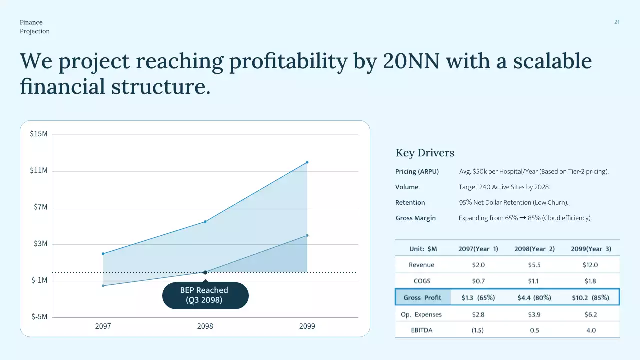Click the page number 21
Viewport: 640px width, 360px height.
click(x=617, y=22)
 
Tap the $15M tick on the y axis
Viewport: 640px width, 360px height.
click(x=39, y=134)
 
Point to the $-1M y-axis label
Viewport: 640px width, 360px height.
click(x=39, y=280)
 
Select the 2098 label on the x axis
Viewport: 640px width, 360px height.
click(x=205, y=326)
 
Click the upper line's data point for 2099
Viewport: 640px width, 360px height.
click(x=307, y=162)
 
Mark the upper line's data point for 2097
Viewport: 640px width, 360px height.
click(x=103, y=254)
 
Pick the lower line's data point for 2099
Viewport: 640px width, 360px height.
click(x=307, y=235)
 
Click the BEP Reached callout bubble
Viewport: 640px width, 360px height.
click(x=205, y=295)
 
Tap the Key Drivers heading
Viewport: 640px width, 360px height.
click(x=425, y=153)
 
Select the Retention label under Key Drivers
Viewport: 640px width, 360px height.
click(x=410, y=203)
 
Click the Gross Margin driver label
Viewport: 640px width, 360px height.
click(x=415, y=218)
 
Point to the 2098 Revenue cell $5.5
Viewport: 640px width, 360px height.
click(x=534, y=265)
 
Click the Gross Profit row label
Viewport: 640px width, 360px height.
click(x=422, y=298)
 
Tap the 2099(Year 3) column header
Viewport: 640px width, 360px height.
click(x=590, y=249)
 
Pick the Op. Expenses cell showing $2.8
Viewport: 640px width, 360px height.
click(x=478, y=315)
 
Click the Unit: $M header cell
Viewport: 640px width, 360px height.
click(x=423, y=249)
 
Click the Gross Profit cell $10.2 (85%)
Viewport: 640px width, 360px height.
click(x=590, y=298)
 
